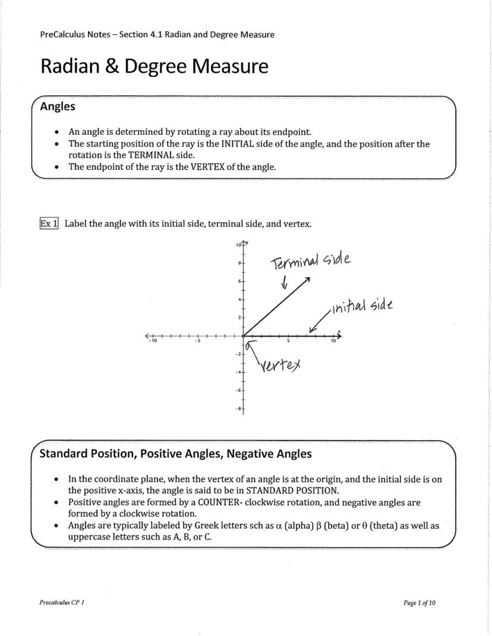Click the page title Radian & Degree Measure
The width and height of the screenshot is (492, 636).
(154, 67)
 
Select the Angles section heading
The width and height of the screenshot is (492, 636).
(57, 107)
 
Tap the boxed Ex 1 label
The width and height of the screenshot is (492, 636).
(49, 224)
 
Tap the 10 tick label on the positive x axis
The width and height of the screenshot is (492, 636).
(333, 341)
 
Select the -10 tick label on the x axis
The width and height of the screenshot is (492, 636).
(152, 341)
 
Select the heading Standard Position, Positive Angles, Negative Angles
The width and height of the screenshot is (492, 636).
(175, 454)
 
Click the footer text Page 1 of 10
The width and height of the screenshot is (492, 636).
(419, 603)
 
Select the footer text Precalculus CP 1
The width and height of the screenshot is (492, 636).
(62, 603)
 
